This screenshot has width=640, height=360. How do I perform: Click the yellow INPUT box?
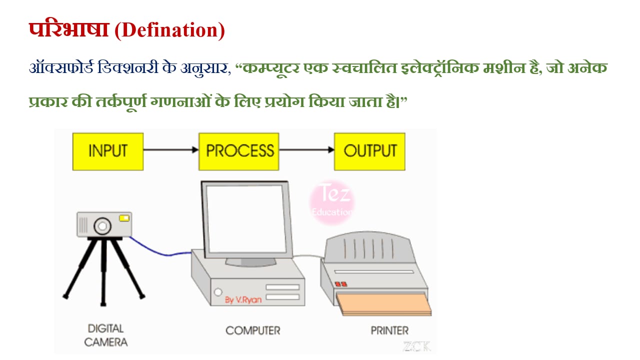pyautogui.click(x=108, y=151)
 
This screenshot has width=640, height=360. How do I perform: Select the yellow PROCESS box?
pyautogui.click(x=239, y=151)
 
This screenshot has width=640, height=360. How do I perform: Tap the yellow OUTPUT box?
pyautogui.click(x=369, y=151)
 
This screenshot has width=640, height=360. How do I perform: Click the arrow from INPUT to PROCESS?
pyautogui.click(x=171, y=149)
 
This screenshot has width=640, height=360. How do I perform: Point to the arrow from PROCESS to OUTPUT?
pyautogui.click(x=306, y=149)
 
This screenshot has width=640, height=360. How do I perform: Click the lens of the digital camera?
pyautogui.click(x=102, y=226)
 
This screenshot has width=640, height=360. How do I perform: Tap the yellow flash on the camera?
pyautogui.click(x=124, y=218)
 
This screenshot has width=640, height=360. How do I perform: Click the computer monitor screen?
pyautogui.click(x=246, y=219)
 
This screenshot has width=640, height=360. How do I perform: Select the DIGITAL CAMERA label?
pyautogui.click(x=105, y=335)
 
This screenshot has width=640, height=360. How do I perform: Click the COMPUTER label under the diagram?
pyautogui.click(x=253, y=330)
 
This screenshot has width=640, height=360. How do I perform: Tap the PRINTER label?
pyautogui.click(x=389, y=330)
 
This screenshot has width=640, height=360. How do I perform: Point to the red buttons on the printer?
pyautogui.click(x=341, y=284)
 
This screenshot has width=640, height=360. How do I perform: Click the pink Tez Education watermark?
pyautogui.click(x=331, y=202)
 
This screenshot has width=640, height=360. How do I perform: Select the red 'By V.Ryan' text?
pyautogui.click(x=243, y=299)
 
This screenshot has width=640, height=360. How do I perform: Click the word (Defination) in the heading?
pyautogui.click(x=169, y=30)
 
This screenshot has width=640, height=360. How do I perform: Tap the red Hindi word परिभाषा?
pyautogui.click(x=69, y=29)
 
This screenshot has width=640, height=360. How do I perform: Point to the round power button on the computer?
pyautogui.click(x=218, y=292)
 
